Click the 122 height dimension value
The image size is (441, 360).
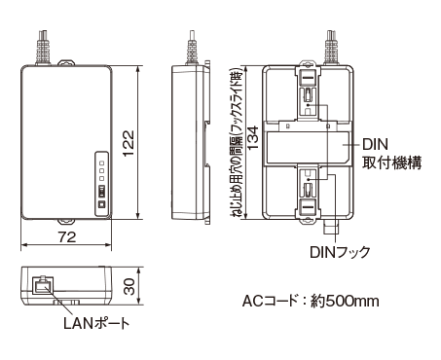(x=129, y=143)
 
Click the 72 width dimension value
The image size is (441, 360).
(x=67, y=237)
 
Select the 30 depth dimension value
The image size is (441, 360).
(x=129, y=286)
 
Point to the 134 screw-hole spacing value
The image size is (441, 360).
(x=253, y=137)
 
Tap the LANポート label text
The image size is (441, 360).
(x=96, y=323)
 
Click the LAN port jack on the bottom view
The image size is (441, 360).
(x=43, y=286)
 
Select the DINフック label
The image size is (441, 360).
(x=340, y=252)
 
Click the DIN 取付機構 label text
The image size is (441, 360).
(x=391, y=154)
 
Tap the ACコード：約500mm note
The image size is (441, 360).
(x=311, y=301)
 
